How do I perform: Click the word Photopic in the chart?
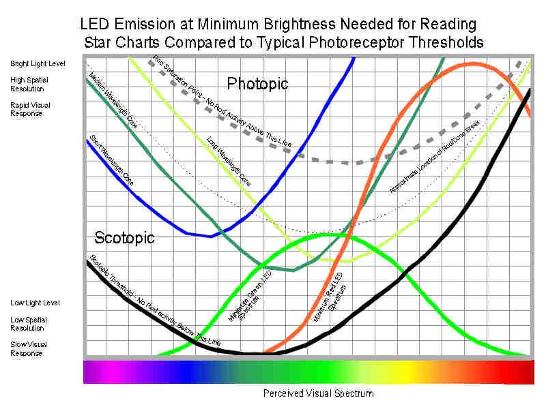[x=257, y=84]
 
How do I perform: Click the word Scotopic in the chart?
[x=124, y=238]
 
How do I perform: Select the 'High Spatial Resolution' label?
[x=30, y=84]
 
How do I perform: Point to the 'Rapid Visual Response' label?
[x=30, y=109]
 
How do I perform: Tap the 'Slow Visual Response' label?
[x=31, y=348]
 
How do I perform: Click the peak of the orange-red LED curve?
[x=471, y=64]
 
